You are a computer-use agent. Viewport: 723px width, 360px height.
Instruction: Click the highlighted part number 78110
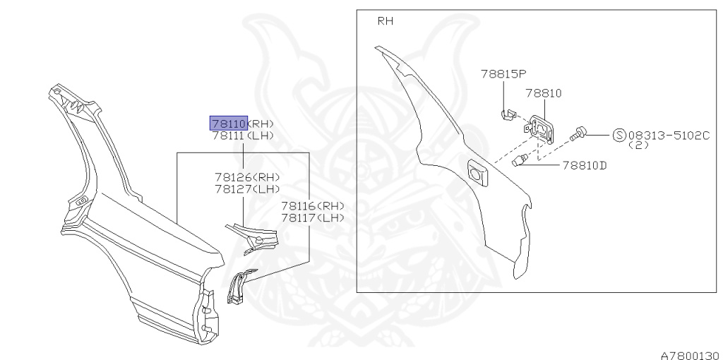(229, 124)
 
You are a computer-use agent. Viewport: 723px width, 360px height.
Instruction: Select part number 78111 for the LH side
(229, 136)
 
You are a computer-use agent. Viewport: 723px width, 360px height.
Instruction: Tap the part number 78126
(233, 177)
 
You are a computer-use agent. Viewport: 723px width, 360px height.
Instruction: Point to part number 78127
(233, 188)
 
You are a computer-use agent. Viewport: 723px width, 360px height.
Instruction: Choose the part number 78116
(299, 206)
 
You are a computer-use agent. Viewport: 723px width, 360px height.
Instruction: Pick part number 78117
(299, 217)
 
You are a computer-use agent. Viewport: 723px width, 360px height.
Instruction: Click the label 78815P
(504, 73)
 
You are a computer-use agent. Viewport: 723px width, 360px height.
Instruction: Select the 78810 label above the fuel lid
(543, 93)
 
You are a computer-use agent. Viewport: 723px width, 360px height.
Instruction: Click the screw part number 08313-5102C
(668, 136)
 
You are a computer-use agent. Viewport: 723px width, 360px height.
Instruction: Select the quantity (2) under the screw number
(639, 145)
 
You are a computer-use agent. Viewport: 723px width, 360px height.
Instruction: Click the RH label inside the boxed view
(386, 21)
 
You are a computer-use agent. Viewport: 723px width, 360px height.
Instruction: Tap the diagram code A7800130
(689, 354)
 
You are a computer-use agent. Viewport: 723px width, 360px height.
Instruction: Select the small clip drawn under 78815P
(506, 114)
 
